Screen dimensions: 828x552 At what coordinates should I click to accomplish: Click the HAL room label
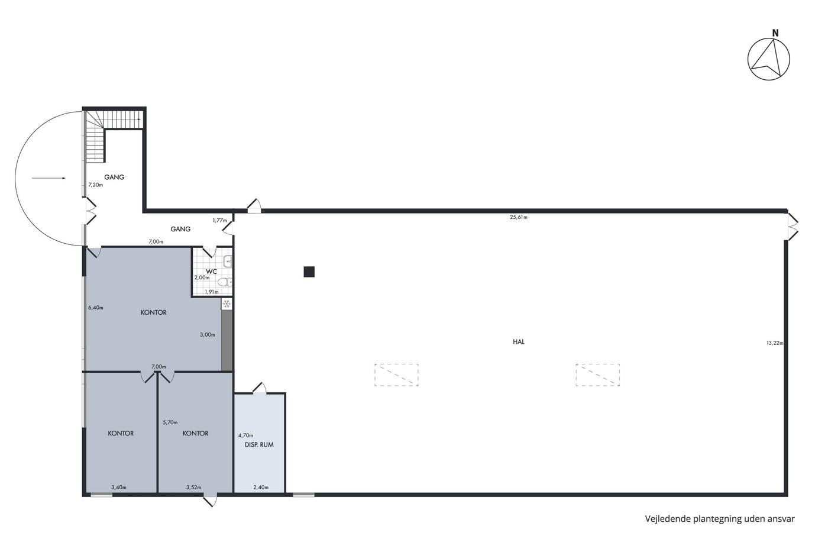coord(519,342)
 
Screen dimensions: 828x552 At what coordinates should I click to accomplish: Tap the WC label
coord(212,272)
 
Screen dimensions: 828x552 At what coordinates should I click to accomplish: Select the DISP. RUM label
coord(259,445)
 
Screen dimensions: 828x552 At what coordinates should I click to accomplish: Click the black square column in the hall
coord(309,272)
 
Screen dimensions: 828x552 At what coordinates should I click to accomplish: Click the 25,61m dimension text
coord(519,217)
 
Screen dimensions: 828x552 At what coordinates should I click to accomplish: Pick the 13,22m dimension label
coord(775,343)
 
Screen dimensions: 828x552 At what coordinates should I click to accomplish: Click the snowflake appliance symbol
coord(227,304)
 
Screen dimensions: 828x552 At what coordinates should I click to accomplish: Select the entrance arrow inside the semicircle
coord(48,178)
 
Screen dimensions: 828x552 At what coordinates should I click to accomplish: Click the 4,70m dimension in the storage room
coord(246,435)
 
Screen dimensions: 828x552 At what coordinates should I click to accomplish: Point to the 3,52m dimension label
coord(194,488)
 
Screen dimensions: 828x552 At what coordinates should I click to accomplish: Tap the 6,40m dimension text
coord(96,307)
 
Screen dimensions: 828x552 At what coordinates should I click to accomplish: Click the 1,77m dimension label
coord(219,220)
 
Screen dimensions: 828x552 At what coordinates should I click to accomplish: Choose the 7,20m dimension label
coord(96,185)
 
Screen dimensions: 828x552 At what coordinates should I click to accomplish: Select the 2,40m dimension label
coord(261,488)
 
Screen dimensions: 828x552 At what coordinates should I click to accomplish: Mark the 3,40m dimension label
coord(119,488)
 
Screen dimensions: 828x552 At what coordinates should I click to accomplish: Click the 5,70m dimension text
coord(170,422)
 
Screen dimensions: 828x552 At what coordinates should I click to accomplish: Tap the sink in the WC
coord(228,262)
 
